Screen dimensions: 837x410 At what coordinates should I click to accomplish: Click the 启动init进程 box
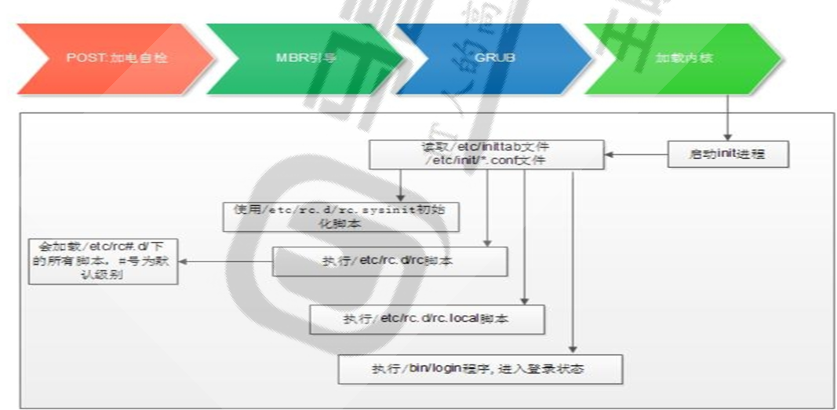pos(727,154)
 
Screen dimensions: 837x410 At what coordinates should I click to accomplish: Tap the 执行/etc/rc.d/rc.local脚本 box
pos(427,319)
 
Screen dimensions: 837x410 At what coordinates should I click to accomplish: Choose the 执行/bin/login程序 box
pos(481,368)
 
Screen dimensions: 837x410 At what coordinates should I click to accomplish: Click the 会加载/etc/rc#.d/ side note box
pos(103,262)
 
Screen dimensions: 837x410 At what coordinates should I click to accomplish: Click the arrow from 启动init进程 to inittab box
pos(635,154)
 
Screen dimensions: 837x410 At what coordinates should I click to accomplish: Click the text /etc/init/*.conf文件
pos(486,160)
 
